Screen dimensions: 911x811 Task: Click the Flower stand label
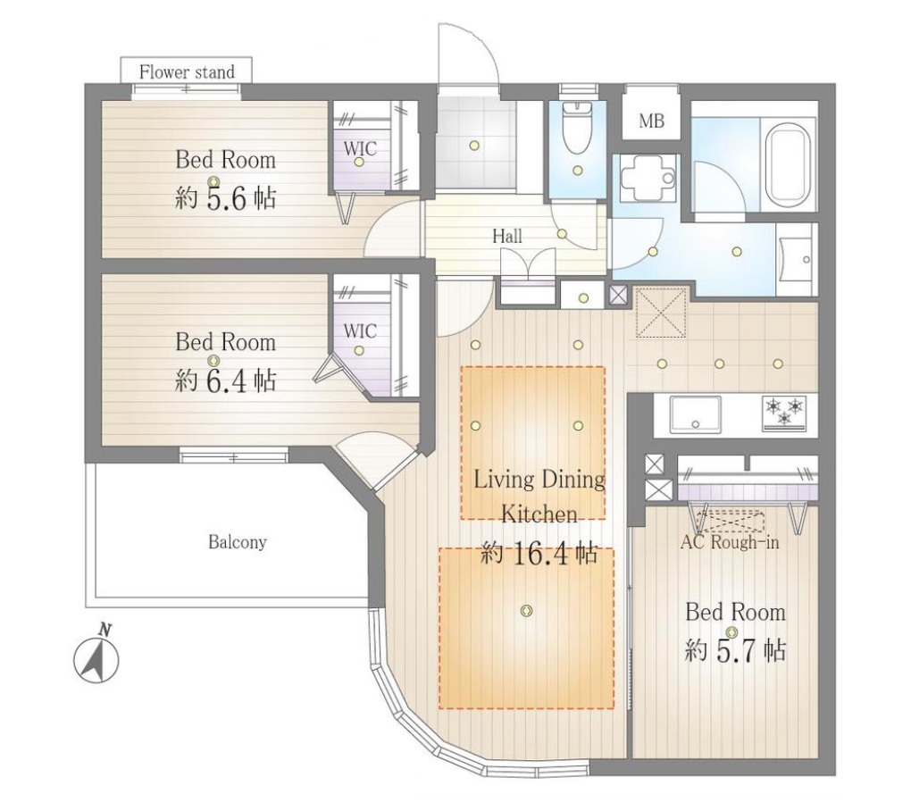187,72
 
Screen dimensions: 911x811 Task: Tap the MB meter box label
651,121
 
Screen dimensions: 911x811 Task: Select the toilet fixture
576,128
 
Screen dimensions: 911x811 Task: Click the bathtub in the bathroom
789,163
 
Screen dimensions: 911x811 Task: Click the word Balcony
237,543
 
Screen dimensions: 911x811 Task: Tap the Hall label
507,236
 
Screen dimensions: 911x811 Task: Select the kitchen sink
696,414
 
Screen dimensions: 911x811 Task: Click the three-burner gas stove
785,413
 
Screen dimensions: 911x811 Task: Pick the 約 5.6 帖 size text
225,199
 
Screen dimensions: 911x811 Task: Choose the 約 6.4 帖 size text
225,381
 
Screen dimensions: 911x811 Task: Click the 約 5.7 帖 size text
736,650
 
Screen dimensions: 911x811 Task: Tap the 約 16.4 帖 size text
539,555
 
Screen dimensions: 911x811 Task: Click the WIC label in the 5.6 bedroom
360,149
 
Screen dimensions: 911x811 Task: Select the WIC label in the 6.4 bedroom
360,331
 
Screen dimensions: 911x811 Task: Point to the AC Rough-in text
730,542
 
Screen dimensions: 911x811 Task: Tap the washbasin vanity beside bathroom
797,259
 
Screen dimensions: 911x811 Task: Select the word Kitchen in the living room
539,514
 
